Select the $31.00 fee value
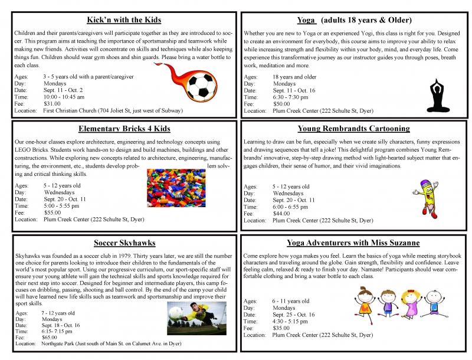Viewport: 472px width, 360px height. (x=52, y=103)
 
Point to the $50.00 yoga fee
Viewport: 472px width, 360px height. (x=282, y=103)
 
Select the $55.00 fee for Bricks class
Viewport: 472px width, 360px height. (x=52, y=212)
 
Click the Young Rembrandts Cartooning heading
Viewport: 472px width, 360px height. (x=353, y=129)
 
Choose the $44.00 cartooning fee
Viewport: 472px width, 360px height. (x=281, y=214)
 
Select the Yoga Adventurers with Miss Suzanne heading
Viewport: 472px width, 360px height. (x=353, y=243)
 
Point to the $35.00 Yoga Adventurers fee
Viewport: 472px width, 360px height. (x=281, y=328)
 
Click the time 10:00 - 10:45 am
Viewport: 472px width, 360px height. (x=64, y=97)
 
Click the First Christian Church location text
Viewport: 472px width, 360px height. (x=113, y=110)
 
